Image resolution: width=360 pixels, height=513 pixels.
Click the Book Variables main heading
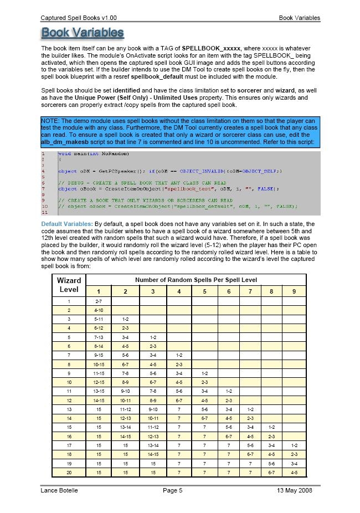pyautogui.click(x=83, y=33)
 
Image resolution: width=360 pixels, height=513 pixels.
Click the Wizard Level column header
pyautogui.click(x=69, y=285)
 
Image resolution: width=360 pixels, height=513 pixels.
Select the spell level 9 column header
pyautogui.click(x=294, y=291)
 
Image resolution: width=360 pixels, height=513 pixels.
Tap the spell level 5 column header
pyautogui.click(x=204, y=291)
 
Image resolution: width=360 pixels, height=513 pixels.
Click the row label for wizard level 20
pyautogui.click(x=69, y=472)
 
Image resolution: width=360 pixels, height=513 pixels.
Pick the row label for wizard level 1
pyautogui.click(x=69, y=301)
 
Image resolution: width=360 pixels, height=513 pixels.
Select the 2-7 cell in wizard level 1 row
pyautogui.click(x=99, y=301)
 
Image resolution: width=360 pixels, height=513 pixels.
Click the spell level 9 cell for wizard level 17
pyautogui.click(x=294, y=445)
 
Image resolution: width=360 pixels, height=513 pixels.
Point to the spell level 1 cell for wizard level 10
pyautogui.click(x=99, y=382)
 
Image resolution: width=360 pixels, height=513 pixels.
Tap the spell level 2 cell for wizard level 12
pyautogui.click(x=125, y=400)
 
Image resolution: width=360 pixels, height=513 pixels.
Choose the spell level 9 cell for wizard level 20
pyautogui.click(x=294, y=472)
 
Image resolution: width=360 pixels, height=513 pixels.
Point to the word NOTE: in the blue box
pyautogui.click(x=52, y=121)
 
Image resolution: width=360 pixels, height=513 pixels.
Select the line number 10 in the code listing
pyautogui.click(x=44, y=206)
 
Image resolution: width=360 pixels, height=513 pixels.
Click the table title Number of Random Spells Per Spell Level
pyautogui.click(x=196, y=280)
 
